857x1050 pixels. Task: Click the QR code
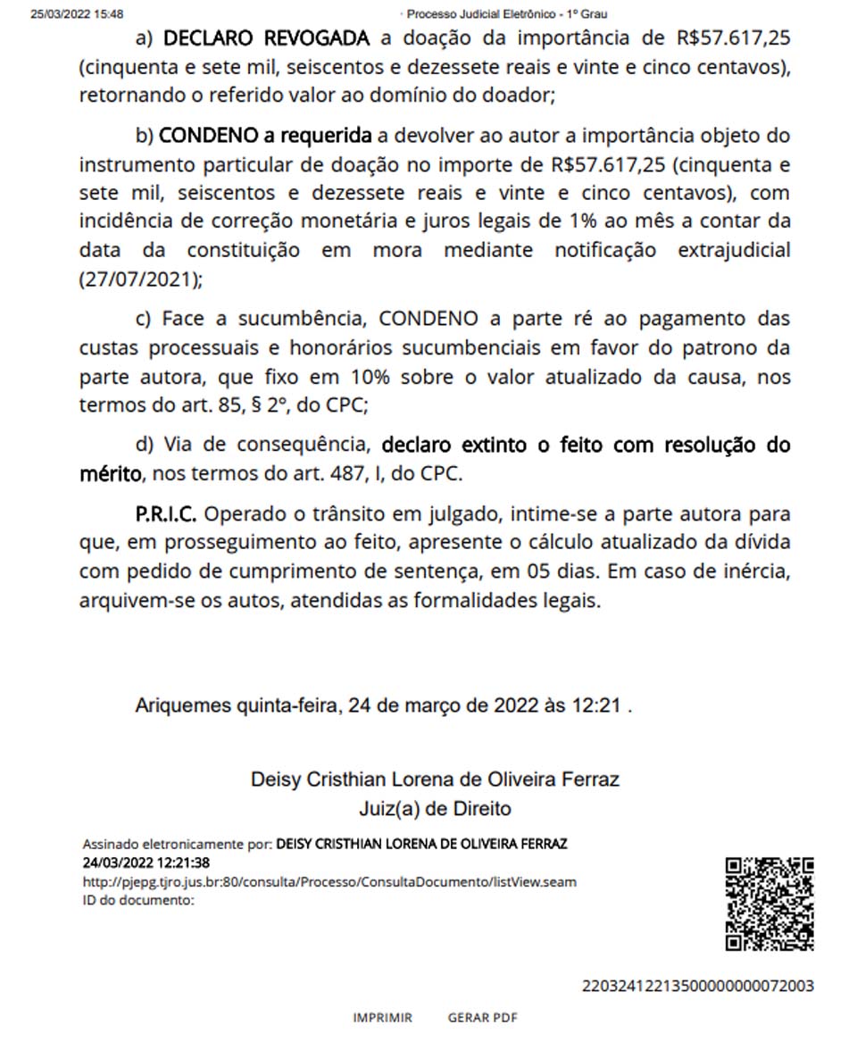click(x=769, y=904)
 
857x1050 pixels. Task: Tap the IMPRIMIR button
click(x=382, y=1018)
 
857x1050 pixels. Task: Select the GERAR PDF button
click(x=482, y=1018)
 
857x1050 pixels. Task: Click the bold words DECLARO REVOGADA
click(x=266, y=38)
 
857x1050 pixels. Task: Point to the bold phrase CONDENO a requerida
click(x=265, y=136)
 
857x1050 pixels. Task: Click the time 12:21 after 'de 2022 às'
click(x=595, y=705)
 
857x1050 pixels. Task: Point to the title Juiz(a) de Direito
click(x=435, y=809)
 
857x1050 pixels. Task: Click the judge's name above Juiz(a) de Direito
click(x=435, y=779)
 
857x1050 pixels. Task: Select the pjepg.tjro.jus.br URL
click(x=329, y=882)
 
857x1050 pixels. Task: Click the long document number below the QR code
click(x=697, y=987)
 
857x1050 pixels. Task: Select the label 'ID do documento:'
click(x=138, y=900)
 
